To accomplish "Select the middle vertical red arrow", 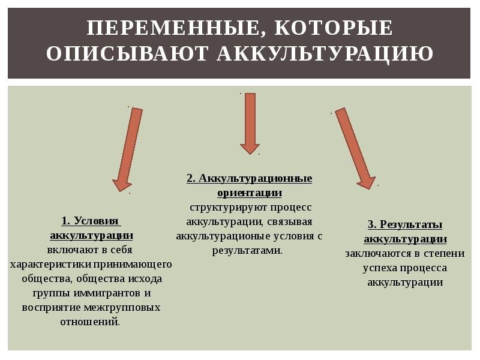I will [x=249, y=123].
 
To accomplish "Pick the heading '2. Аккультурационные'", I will [x=249, y=179].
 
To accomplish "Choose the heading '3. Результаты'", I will [x=405, y=225].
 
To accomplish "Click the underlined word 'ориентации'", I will [x=249, y=193].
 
